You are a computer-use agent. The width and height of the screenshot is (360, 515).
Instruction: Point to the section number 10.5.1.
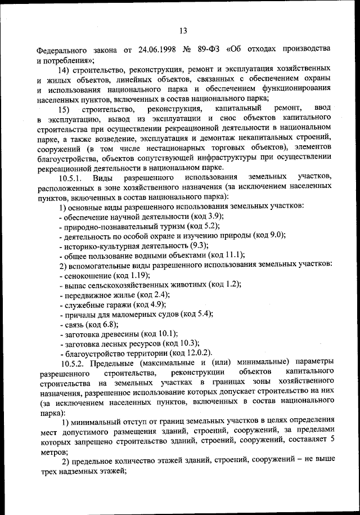[72, 178]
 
